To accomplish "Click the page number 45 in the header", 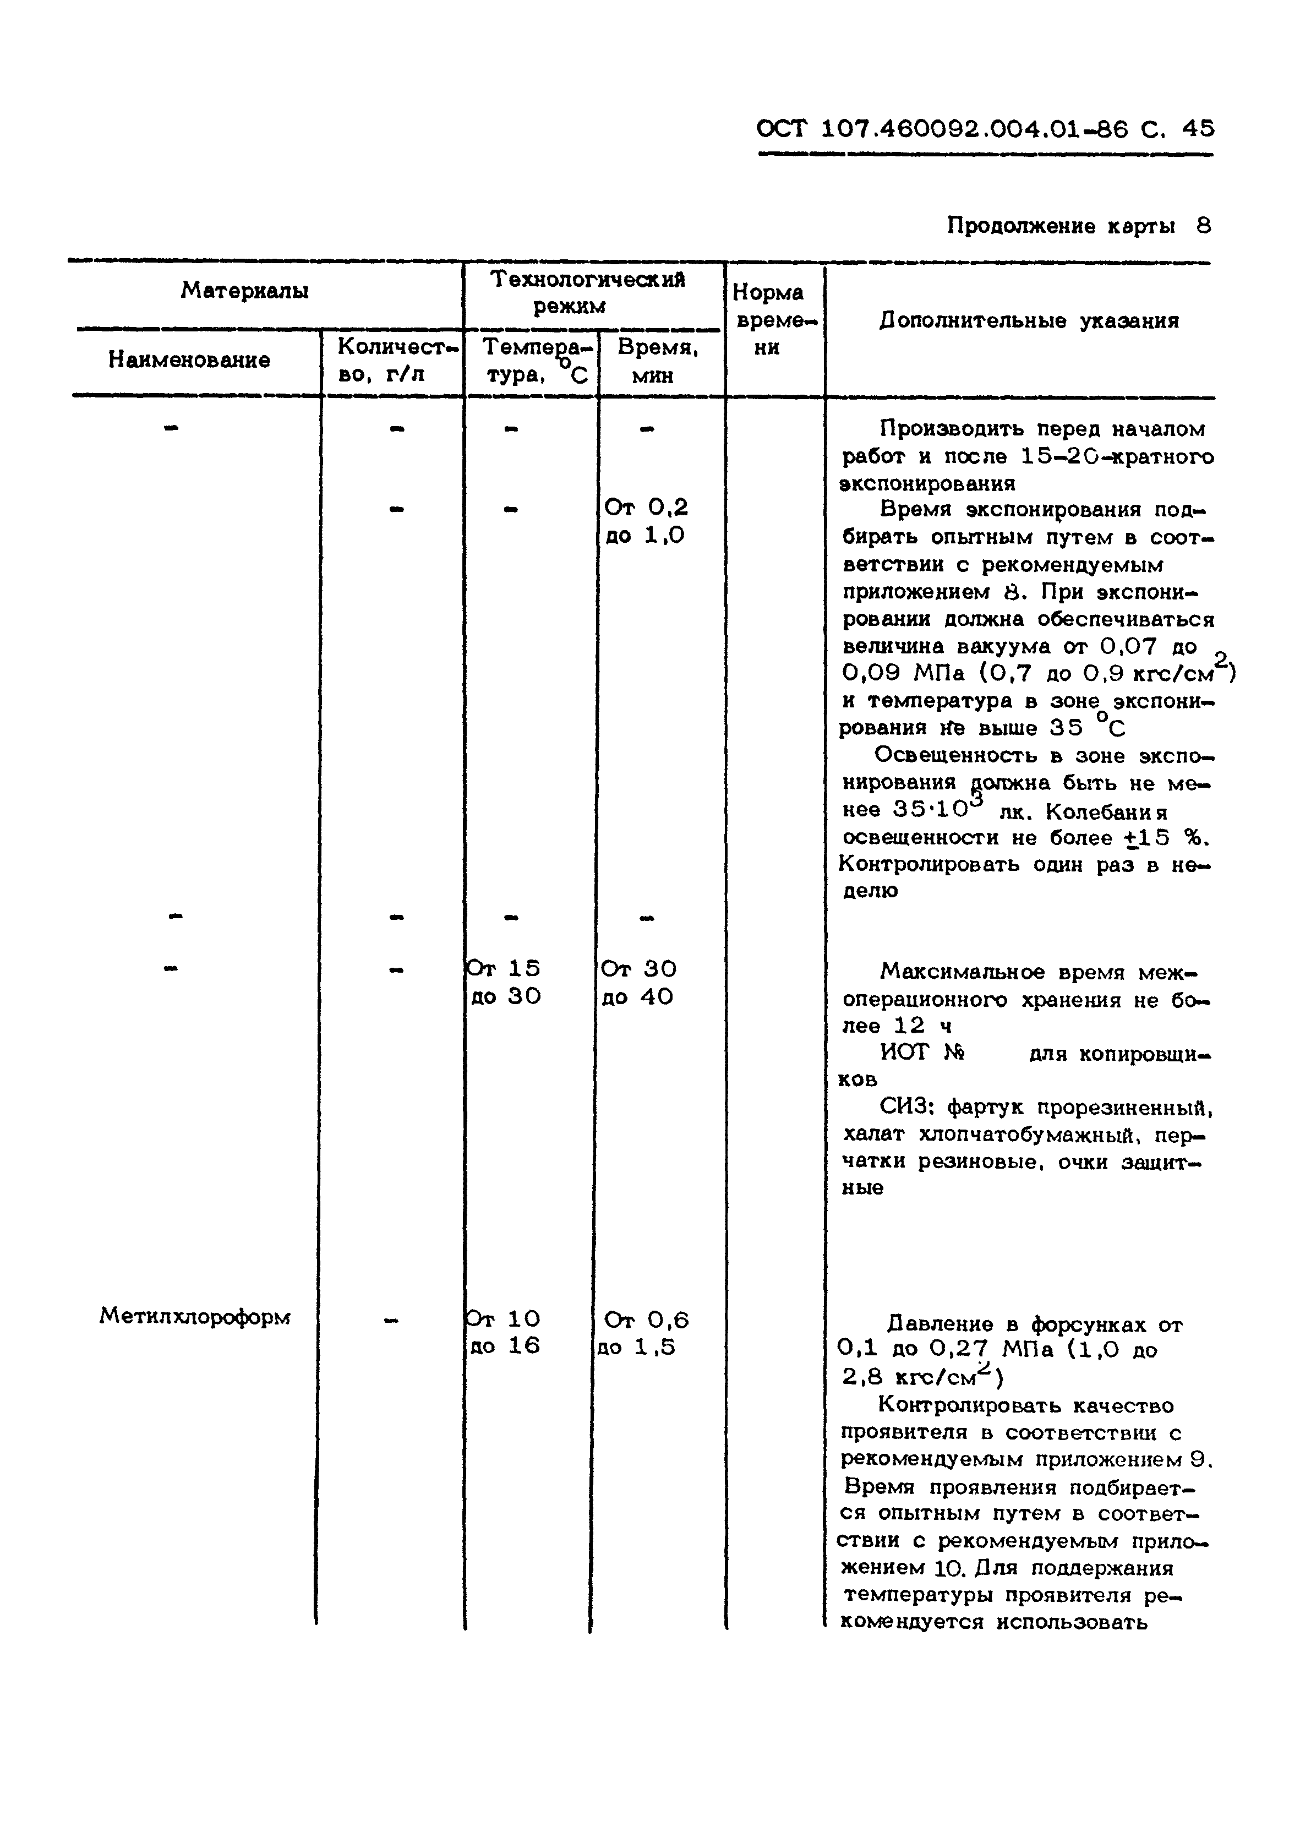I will click(1197, 129).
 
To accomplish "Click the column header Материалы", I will click(244, 291).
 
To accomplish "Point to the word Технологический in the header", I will click(588, 279).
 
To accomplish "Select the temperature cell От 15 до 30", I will click(504, 982).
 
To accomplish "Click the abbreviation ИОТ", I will click(905, 1053).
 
